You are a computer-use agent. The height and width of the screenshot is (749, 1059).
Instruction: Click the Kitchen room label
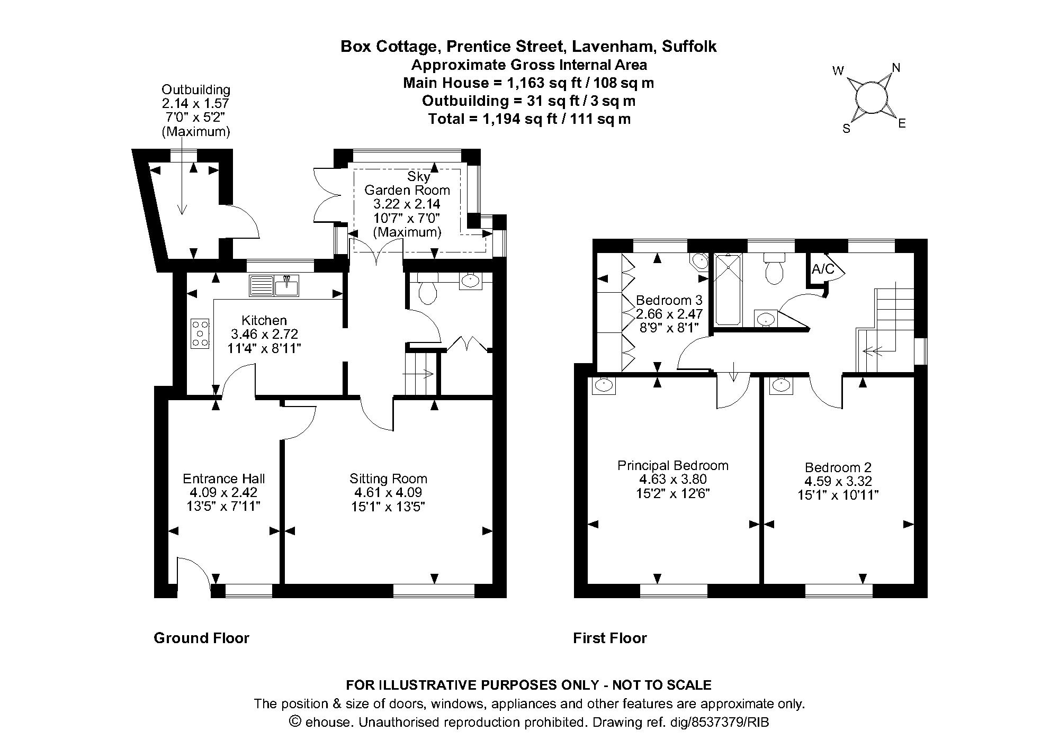[264, 320]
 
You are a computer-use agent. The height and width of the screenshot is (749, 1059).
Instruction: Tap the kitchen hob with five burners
[200, 333]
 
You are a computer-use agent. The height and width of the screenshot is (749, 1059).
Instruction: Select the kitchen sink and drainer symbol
[274, 286]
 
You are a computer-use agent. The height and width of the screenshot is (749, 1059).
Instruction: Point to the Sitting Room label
[388, 479]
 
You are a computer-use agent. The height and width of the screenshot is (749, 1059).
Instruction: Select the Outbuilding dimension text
[195, 104]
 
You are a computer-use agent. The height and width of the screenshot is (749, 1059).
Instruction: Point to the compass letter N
[896, 68]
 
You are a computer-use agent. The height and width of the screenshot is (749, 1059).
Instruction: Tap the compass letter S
[846, 129]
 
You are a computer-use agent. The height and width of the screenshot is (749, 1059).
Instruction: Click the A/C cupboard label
[822, 269]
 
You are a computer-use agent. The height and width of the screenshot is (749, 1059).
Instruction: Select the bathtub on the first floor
[728, 290]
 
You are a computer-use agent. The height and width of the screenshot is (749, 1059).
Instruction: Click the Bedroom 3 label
[669, 300]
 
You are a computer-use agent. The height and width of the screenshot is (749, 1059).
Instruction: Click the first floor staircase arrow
[873, 350]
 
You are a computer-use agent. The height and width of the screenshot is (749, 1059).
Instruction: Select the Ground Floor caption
[201, 638]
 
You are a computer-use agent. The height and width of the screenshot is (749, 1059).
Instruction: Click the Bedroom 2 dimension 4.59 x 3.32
[838, 481]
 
